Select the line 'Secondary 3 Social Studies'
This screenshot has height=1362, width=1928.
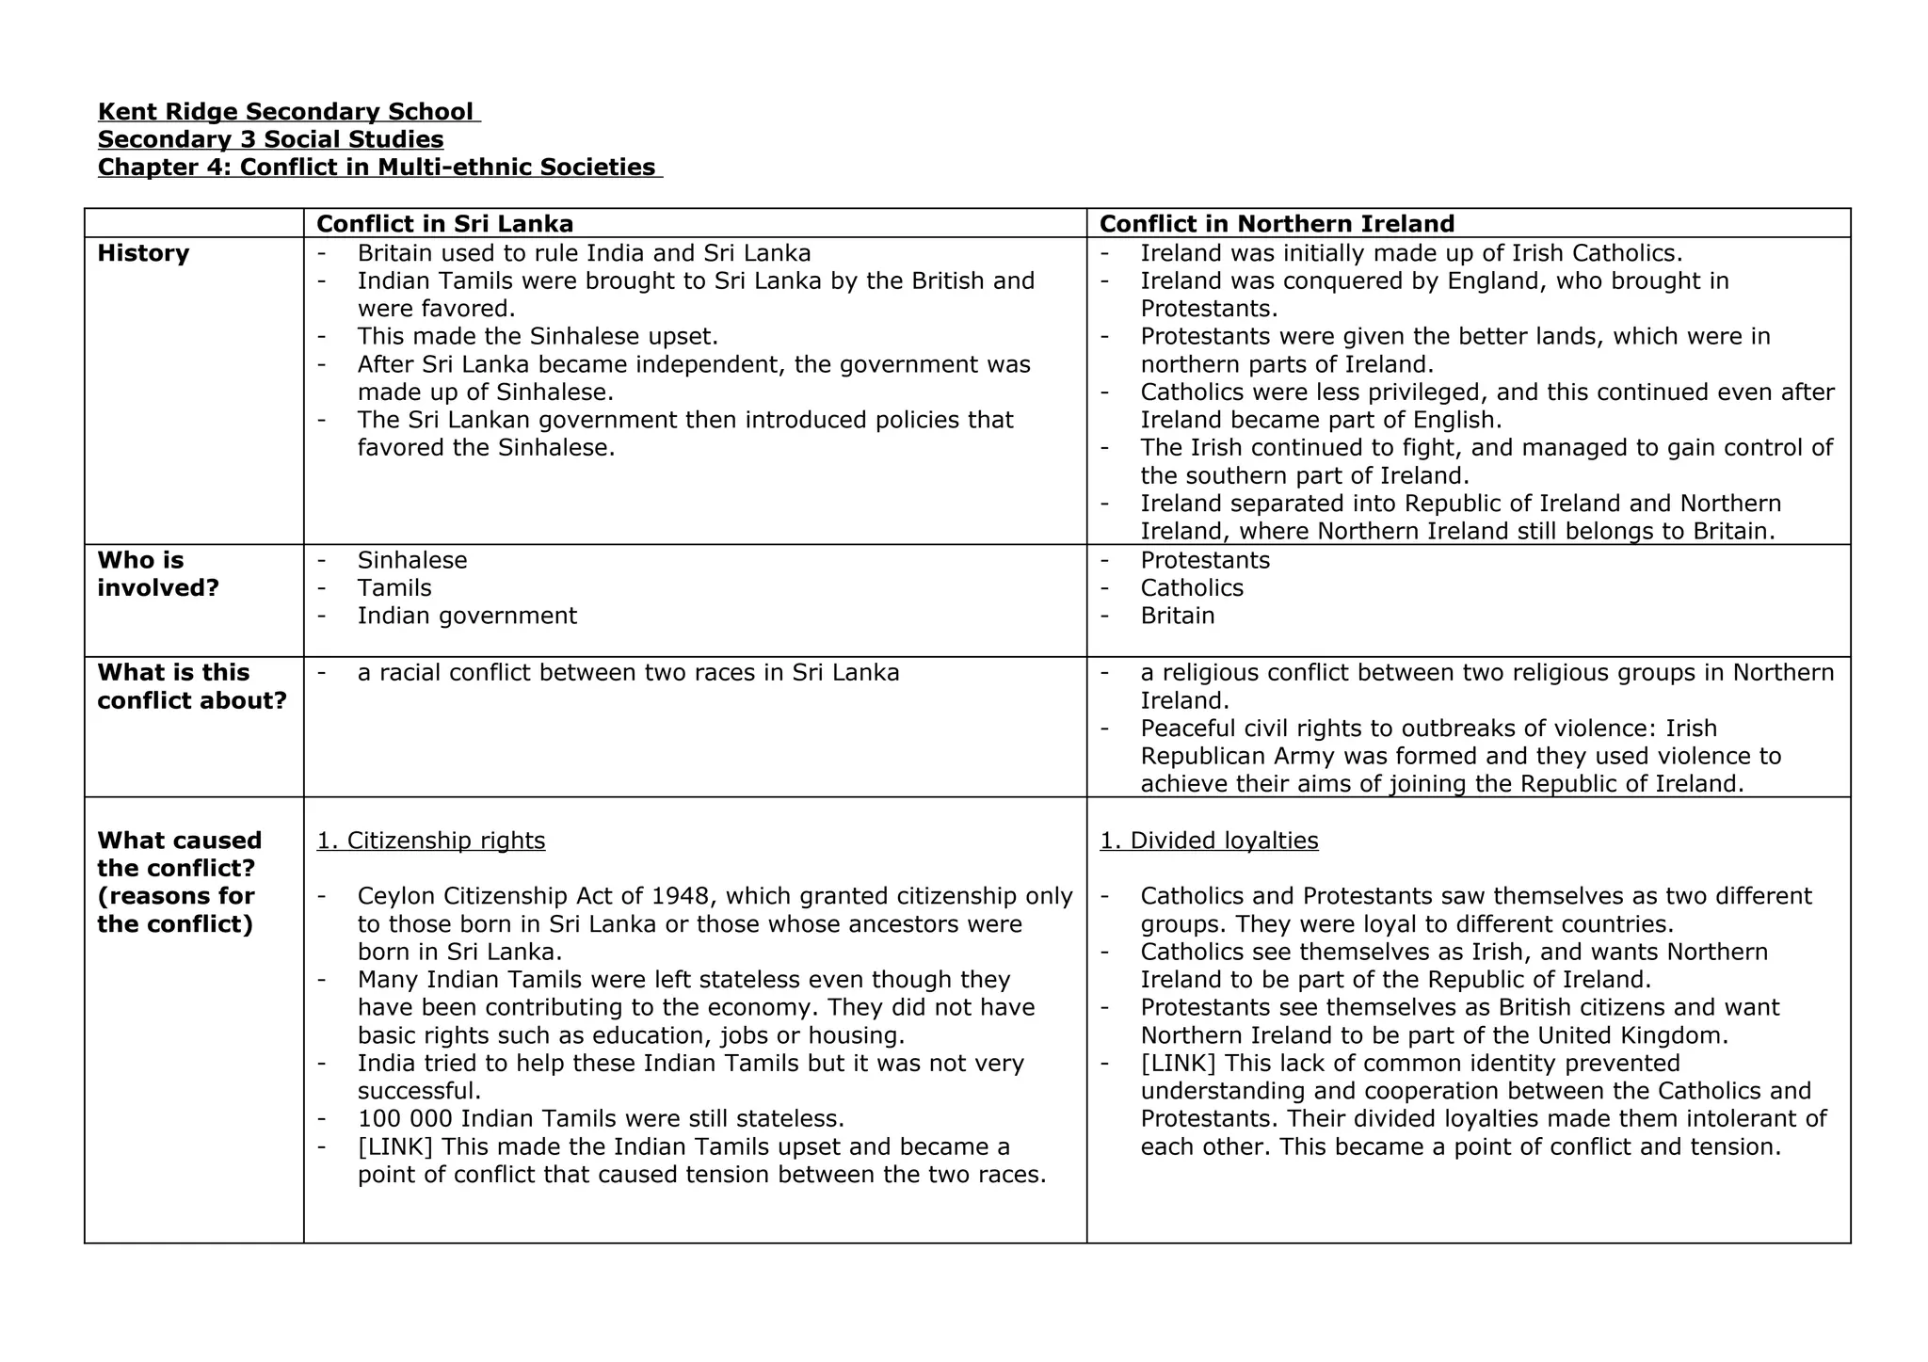pyautogui.click(x=271, y=139)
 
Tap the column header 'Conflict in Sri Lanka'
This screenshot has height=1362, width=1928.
pyautogui.click(x=444, y=224)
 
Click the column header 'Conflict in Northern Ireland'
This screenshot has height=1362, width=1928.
pyautogui.click(x=1277, y=224)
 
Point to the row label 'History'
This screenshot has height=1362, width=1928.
pyautogui.click(x=143, y=253)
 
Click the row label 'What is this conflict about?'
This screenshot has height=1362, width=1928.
pyautogui.click(x=192, y=686)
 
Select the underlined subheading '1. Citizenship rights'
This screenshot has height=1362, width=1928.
pyautogui.click(x=431, y=841)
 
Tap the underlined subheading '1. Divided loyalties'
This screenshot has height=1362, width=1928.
pyautogui.click(x=1209, y=841)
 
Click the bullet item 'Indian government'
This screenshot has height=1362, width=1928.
pyautogui.click(x=467, y=616)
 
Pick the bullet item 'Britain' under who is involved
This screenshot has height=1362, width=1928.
pyautogui.click(x=1178, y=616)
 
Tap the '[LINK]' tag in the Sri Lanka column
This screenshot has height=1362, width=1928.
pyautogui.click(x=395, y=1146)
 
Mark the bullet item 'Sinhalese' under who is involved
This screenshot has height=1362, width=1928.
pyautogui.click(x=412, y=560)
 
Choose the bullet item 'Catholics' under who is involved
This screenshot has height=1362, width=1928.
pyautogui.click(x=1192, y=588)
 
